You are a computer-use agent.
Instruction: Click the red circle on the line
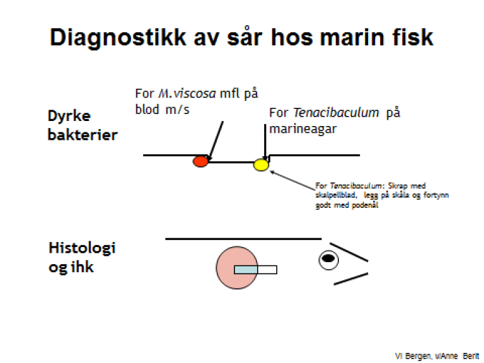[x=200, y=161]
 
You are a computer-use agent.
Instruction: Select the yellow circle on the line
[x=261, y=166]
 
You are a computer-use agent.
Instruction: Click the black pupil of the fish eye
[x=328, y=258]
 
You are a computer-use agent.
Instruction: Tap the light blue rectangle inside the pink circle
[x=246, y=270]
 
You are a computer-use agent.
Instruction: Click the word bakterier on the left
[x=83, y=135]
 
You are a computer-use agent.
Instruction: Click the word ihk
[x=83, y=267]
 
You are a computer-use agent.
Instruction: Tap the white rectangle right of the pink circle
[x=267, y=270]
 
